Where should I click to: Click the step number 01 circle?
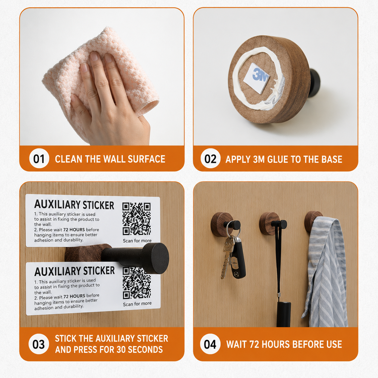39,159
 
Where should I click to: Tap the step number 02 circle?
210,159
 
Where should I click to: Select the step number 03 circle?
39,344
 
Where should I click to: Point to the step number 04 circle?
210,344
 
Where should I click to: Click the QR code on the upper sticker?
137,219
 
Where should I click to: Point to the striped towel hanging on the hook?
325,271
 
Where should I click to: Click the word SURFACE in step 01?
146,159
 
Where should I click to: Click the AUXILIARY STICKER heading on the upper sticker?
74,205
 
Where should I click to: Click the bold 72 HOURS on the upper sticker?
74,230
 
